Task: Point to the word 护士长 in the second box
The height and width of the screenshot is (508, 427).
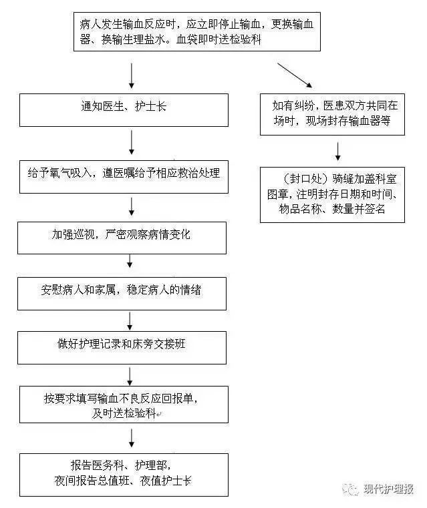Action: pyautogui.click(x=152, y=107)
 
